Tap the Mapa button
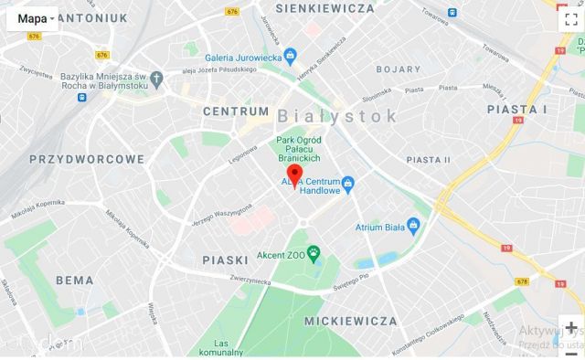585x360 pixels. coord(33,18)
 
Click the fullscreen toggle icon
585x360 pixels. coord(568,19)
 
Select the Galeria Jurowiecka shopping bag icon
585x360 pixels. coord(291,54)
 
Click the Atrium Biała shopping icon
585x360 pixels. coord(413,226)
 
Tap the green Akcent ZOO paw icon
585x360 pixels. coord(314,253)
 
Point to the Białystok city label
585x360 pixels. coord(337,116)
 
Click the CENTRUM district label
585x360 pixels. coord(236,111)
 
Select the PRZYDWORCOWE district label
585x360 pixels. coord(88,159)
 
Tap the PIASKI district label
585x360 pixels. coord(226,260)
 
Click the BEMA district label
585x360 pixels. coord(73,280)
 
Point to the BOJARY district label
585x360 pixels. coord(399,69)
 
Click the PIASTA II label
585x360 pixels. coord(429,159)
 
